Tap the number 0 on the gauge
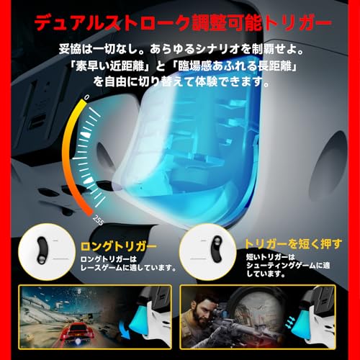pyautogui.click(x=87, y=96)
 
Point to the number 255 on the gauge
pyautogui.click(x=99, y=220)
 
